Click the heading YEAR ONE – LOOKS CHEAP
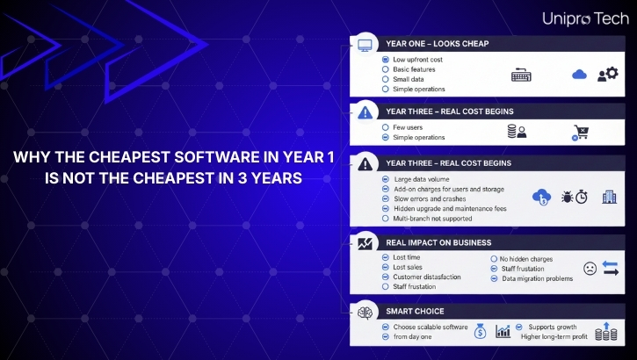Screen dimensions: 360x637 (x=424, y=43)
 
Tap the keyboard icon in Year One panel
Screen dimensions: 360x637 (x=522, y=76)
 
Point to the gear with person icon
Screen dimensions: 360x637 (x=607, y=75)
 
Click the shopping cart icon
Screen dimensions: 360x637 (x=581, y=133)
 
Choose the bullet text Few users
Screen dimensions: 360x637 (x=409, y=126)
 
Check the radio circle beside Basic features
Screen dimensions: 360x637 (x=386, y=68)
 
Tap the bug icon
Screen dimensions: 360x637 (x=562, y=197)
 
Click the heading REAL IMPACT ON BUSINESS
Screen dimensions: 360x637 (x=438, y=242)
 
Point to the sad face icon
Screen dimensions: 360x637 (x=590, y=269)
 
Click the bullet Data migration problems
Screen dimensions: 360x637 (x=537, y=278)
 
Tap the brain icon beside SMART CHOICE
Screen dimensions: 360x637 (x=364, y=311)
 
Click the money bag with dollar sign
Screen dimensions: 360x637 (x=481, y=331)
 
